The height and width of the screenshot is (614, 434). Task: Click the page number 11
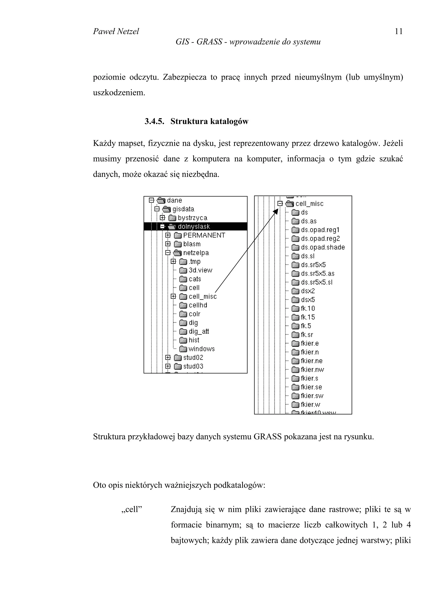398,32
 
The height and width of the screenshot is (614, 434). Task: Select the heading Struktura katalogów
209,121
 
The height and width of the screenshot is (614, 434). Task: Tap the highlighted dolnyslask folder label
194,226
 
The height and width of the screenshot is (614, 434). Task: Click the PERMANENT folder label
204,235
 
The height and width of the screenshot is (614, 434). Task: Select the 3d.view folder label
200,270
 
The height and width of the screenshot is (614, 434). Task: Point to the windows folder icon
183,349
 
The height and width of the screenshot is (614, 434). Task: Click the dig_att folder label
199,331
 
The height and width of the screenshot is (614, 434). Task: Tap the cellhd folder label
198,305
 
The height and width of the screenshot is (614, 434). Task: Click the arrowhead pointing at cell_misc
276,212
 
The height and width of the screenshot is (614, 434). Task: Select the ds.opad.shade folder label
323,247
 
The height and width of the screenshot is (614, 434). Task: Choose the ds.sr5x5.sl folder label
317,282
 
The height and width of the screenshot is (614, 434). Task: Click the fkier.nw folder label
312,370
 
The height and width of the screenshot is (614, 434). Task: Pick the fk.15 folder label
308,317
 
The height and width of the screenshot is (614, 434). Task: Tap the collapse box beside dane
152,200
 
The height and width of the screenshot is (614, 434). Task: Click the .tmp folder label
194,261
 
